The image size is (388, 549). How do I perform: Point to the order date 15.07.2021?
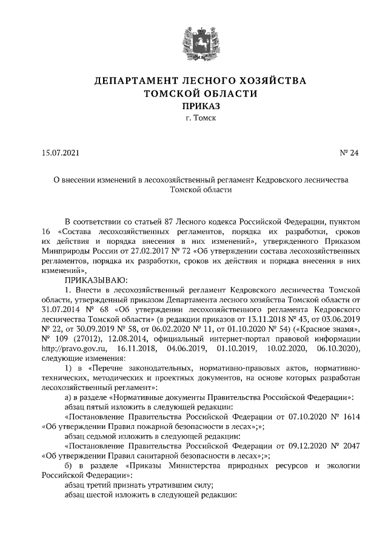pos(60,153)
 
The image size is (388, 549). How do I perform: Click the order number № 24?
pos(349,153)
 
